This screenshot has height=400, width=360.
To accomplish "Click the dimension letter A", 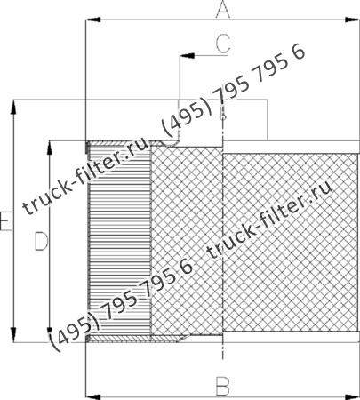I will coord(223,10).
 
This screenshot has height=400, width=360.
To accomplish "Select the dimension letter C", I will coord(222,41).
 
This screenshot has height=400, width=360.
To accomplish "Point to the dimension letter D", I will coord(39,240).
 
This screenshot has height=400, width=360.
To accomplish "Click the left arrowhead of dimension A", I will coord(88,19).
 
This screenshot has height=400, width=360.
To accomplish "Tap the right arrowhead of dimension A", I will coord(355,19).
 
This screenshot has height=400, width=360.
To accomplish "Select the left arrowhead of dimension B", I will coord(88,393).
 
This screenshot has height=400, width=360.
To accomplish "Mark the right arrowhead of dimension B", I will coord(355,393).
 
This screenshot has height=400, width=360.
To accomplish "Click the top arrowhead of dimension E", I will coord(13,106).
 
